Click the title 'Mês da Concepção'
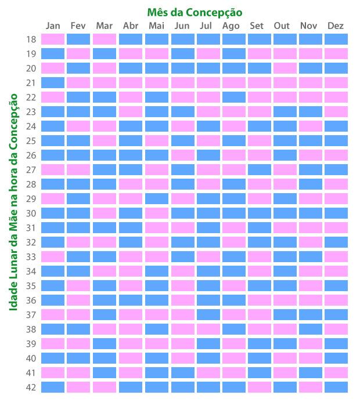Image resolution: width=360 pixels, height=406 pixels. pos(195,12)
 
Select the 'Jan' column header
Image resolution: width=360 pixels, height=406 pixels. pos(53,26)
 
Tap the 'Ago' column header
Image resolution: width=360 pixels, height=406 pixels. pos(231,26)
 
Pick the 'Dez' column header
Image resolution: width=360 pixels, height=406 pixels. pos(336,26)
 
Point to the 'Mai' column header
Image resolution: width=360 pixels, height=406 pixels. pos(156,26)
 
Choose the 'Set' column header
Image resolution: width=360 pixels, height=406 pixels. pos(256,26)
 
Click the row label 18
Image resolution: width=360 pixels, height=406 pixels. pos(31,39)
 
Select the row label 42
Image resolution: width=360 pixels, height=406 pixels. pos(31,387)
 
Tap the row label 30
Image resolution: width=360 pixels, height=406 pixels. pos(31,213)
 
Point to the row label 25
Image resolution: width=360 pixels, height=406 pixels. pos(31,140)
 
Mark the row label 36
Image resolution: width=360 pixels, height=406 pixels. pos(31,300)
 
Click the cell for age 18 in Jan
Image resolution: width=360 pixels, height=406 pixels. pos(53,39)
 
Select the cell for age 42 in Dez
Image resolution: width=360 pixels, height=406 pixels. pos(336,387)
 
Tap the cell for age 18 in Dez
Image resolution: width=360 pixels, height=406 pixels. pos(336,39)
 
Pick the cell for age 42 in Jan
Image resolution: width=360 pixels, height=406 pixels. pos(53,387)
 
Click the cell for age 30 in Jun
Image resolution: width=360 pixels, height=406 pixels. pos(182,213)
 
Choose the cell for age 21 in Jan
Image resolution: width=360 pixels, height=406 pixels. pos(53,82)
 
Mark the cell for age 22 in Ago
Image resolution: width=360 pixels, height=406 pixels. pos(233,97)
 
